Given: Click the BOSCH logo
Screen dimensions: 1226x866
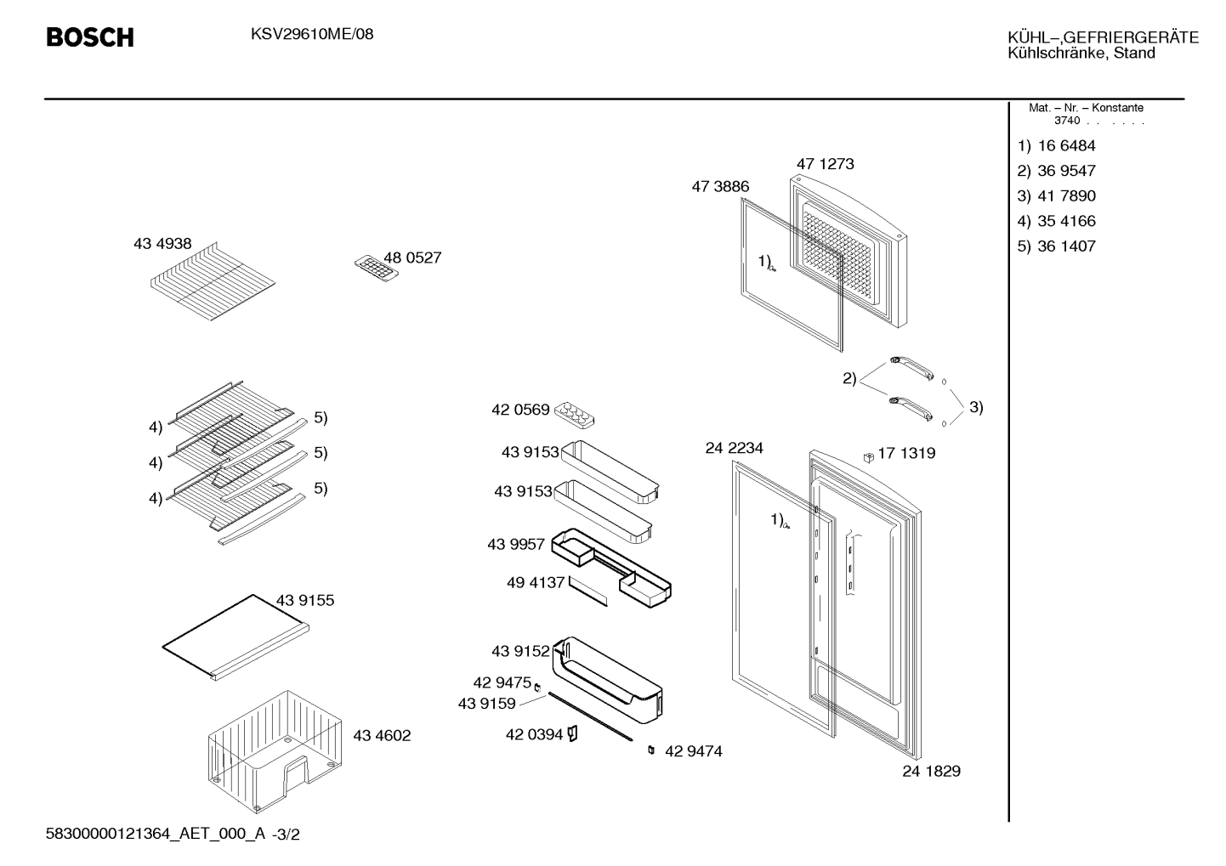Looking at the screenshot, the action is (x=90, y=37).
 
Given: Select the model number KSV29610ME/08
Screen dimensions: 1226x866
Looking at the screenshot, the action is (x=312, y=34).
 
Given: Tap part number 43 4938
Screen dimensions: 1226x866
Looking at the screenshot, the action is (x=162, y=243).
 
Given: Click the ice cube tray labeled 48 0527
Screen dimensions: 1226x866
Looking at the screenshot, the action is (x=376, y=268).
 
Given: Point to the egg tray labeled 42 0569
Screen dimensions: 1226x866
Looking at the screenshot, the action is (x=574, y=415).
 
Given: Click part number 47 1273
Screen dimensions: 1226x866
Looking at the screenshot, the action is (x=825, y=163).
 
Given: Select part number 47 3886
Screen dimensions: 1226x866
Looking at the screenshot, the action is (x=720, y=187).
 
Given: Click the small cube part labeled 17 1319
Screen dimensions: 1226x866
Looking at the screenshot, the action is (x=868, y=457).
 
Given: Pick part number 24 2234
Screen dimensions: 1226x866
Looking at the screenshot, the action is (x=734, y=448).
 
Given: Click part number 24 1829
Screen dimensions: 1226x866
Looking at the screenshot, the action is (x=932, y=771).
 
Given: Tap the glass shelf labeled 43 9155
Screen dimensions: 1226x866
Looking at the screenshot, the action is (x=236, y=637).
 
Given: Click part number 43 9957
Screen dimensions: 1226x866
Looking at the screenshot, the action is (x=516, y=544).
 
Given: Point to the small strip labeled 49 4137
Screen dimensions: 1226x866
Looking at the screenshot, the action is (x=587, y=591).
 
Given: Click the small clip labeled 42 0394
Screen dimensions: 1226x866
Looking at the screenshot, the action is (x=572, y=733).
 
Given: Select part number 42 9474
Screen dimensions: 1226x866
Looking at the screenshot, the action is (x=694, y=751).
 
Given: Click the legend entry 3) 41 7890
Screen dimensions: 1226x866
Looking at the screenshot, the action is (x=1056, y=195).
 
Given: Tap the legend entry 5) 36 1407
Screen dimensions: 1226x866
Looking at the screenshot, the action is (x=1056, y=246).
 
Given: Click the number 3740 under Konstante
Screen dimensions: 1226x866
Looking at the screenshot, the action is (x=1067, y=121).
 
